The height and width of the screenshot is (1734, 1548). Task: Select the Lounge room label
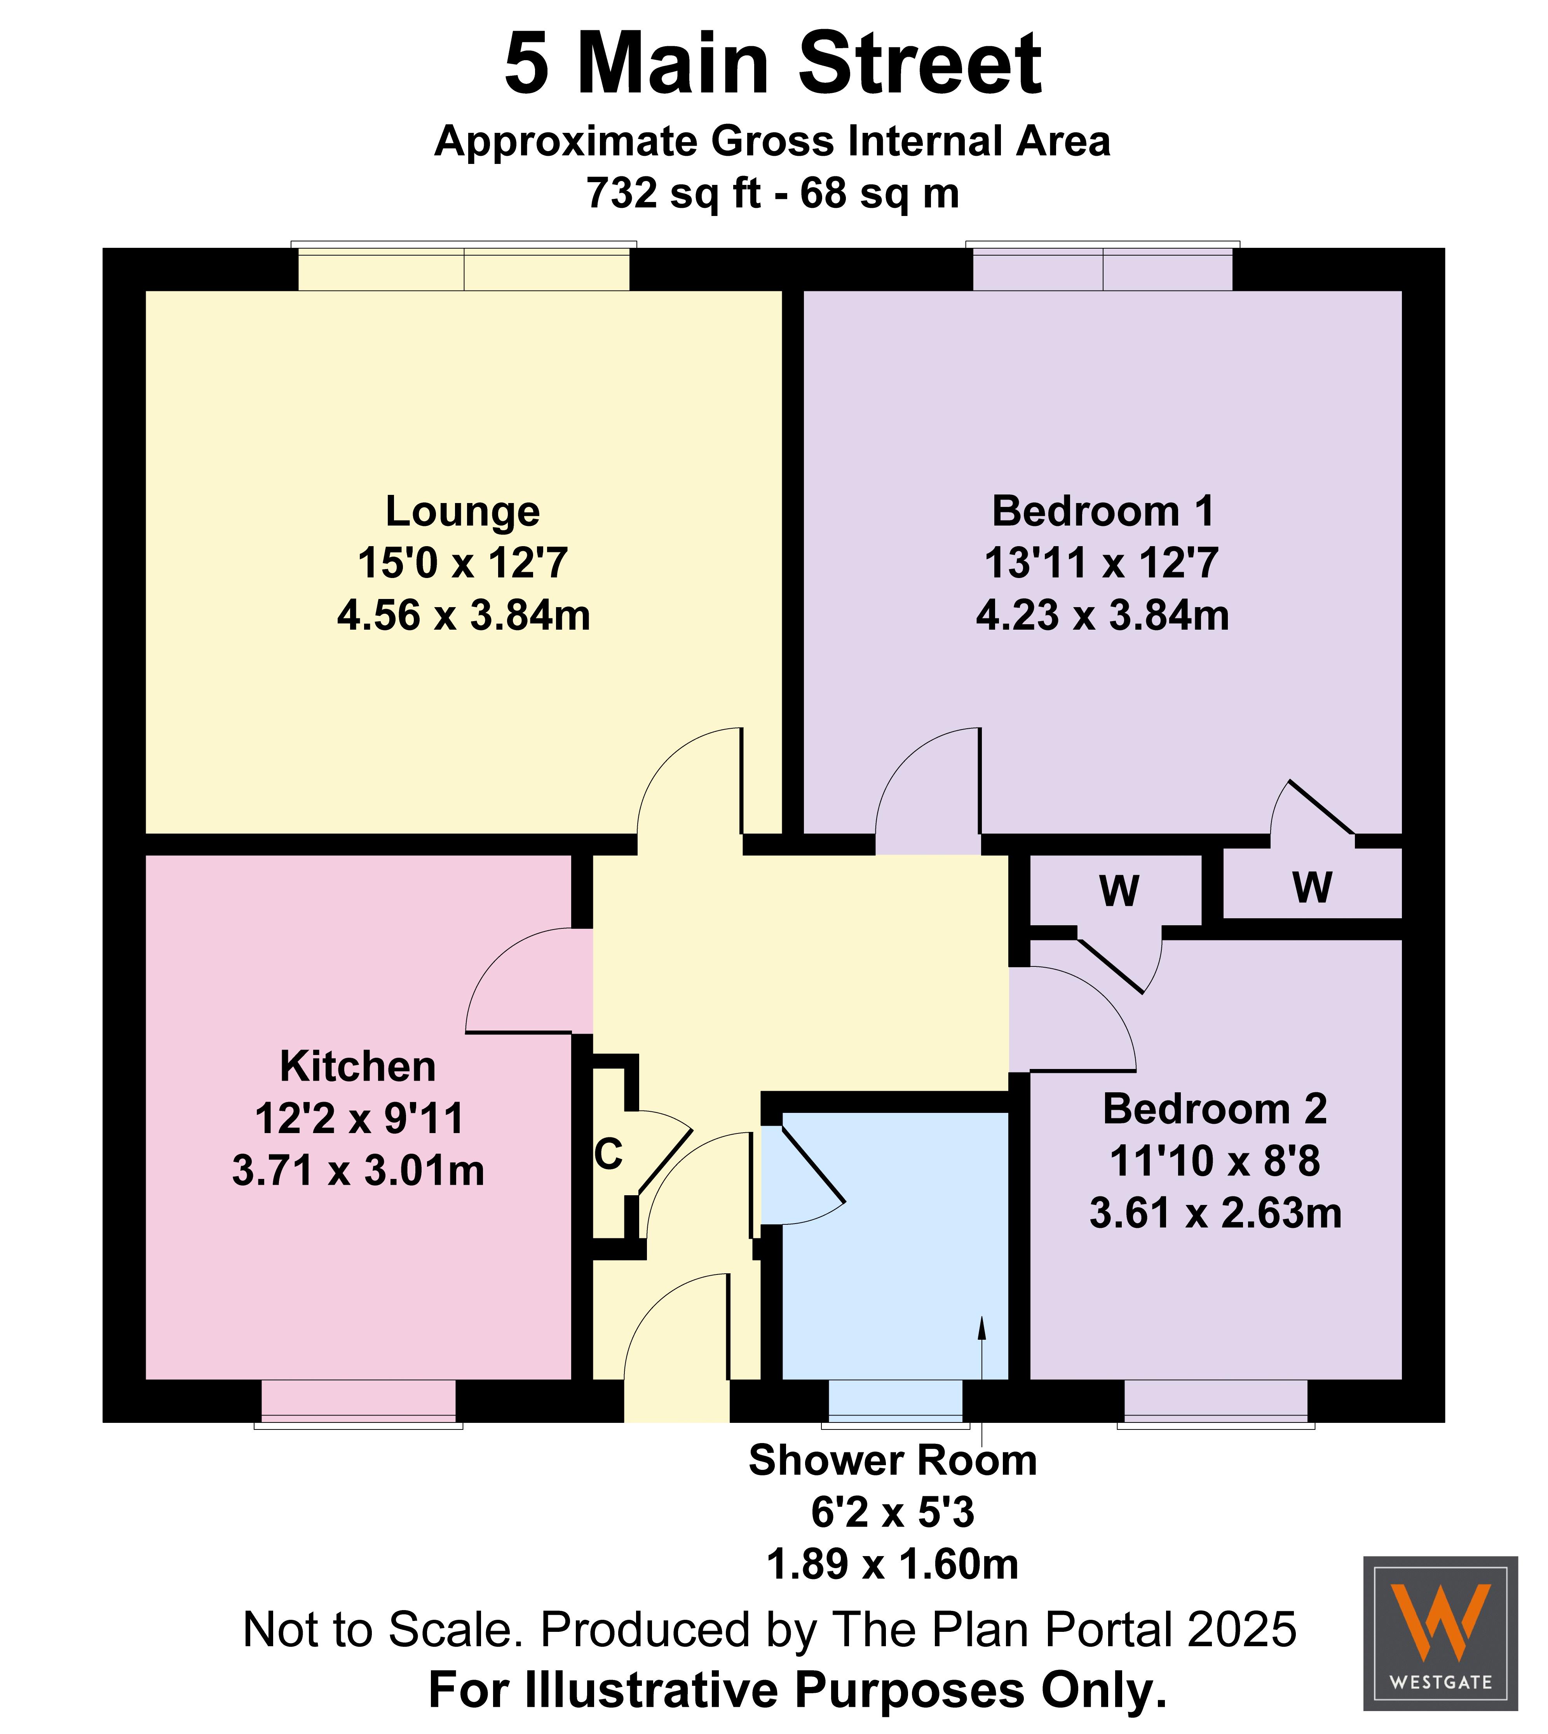click(x=463, y=511)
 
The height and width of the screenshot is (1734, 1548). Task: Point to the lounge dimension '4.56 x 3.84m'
click(x=464, y=615)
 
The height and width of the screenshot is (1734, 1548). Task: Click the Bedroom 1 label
click(x=1103, y=511)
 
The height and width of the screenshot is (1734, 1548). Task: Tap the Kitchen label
click(x=358, y=1066)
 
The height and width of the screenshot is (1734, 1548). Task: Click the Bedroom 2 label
click(x=1215, y=1109)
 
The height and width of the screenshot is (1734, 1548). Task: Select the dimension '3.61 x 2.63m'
click(x=1215, y=1213)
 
